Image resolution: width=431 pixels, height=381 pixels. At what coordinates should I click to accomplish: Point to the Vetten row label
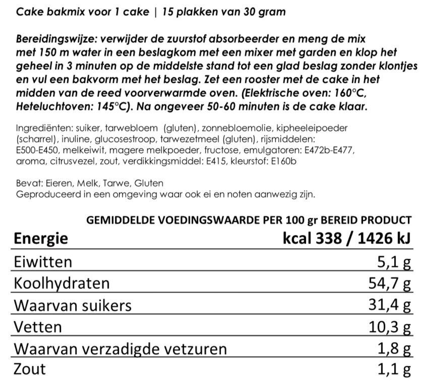38,327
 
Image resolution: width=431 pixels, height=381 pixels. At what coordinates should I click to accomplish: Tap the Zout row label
31,369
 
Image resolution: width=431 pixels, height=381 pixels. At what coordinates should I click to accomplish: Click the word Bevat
27,183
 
